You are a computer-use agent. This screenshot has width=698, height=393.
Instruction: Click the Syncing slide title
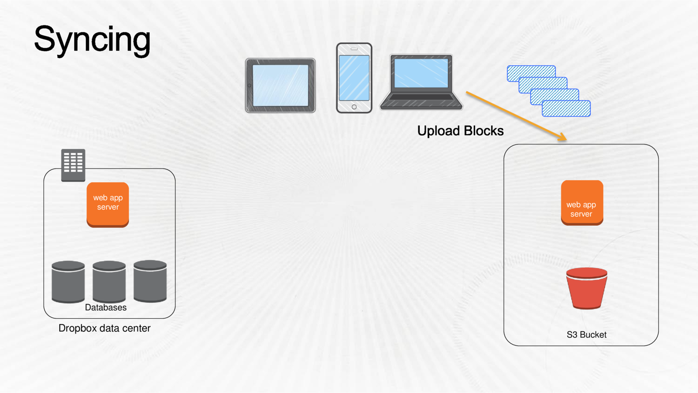point(92,39)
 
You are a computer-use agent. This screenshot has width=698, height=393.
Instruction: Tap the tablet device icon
point(280,86)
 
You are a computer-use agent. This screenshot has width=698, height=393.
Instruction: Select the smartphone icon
point(354,78)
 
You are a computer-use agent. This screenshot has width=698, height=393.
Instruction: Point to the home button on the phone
point(354,107)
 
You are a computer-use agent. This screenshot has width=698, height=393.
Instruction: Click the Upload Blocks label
point(460,131)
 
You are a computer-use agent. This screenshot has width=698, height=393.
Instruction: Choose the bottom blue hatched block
point(566,109)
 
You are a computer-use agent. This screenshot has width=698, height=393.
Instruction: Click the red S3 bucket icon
point(586,288)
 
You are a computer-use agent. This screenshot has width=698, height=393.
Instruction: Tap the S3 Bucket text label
point(586,335)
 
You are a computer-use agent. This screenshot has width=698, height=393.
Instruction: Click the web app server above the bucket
point(582,203)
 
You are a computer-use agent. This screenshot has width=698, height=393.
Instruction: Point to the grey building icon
point(73,165)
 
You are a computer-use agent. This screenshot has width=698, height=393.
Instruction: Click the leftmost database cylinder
point(68,282)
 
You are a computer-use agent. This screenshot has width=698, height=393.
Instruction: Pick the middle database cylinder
point(109,282)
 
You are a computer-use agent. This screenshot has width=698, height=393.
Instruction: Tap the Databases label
point(106,308)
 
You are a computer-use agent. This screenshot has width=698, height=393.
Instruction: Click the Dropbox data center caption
point(104,328)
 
